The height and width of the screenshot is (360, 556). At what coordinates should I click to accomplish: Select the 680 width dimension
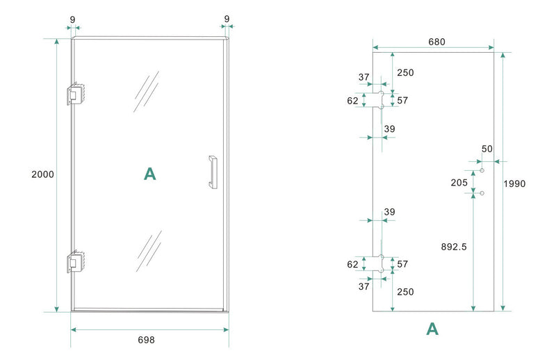coord(436,42)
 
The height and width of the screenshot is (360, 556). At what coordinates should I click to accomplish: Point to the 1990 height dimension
coord(515,184)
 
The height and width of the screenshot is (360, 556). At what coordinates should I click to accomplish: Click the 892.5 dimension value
coord(453,246)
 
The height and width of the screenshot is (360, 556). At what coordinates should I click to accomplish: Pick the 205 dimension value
coord(458,182)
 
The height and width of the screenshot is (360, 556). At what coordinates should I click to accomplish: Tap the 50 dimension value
coord(486,149)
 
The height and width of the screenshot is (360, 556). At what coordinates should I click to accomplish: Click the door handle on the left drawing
coord(211,172)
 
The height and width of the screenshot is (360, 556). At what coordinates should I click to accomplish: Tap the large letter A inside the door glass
coord(149,174)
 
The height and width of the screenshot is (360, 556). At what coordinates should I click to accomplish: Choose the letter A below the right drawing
coord(432,329)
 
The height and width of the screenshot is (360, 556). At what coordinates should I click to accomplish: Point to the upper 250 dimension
coord(405,72)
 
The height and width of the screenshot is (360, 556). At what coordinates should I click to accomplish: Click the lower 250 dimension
coord(405,292)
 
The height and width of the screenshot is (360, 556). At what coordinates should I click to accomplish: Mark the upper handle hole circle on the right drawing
coord(482,170)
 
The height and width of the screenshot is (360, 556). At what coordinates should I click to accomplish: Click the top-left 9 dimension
coord(72,19)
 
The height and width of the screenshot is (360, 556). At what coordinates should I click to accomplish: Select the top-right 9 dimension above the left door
coord(227,19)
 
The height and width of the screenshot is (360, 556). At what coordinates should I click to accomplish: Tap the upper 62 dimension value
coord(352,101)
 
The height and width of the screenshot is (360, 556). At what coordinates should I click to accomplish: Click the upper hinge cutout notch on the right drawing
coord(380,100)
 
